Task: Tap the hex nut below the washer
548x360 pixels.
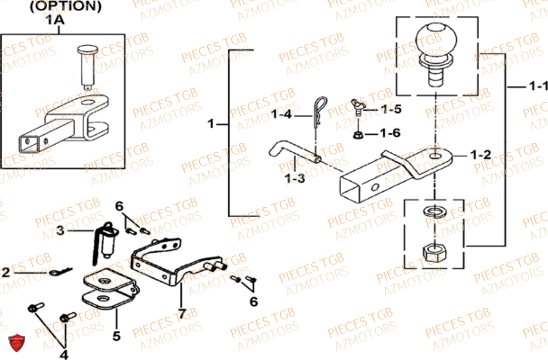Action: click(x=434, y=253)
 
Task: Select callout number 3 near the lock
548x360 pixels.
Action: click(x=60, y=231)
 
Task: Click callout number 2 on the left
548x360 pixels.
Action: click(x=5, y=272)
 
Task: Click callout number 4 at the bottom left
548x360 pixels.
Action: click(x=64, y=354)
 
